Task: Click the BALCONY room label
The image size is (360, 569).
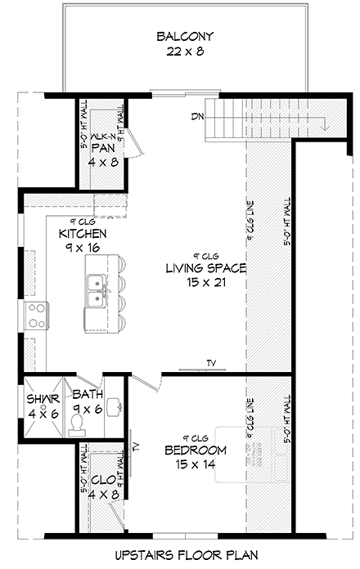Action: (x=185, y=36)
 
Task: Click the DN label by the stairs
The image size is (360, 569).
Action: (x=198, y=117)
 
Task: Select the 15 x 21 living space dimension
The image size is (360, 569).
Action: (x=205, y=283)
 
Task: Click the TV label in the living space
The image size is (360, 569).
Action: (x=211, y=364)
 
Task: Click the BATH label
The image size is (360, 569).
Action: (x=87, y=395)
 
